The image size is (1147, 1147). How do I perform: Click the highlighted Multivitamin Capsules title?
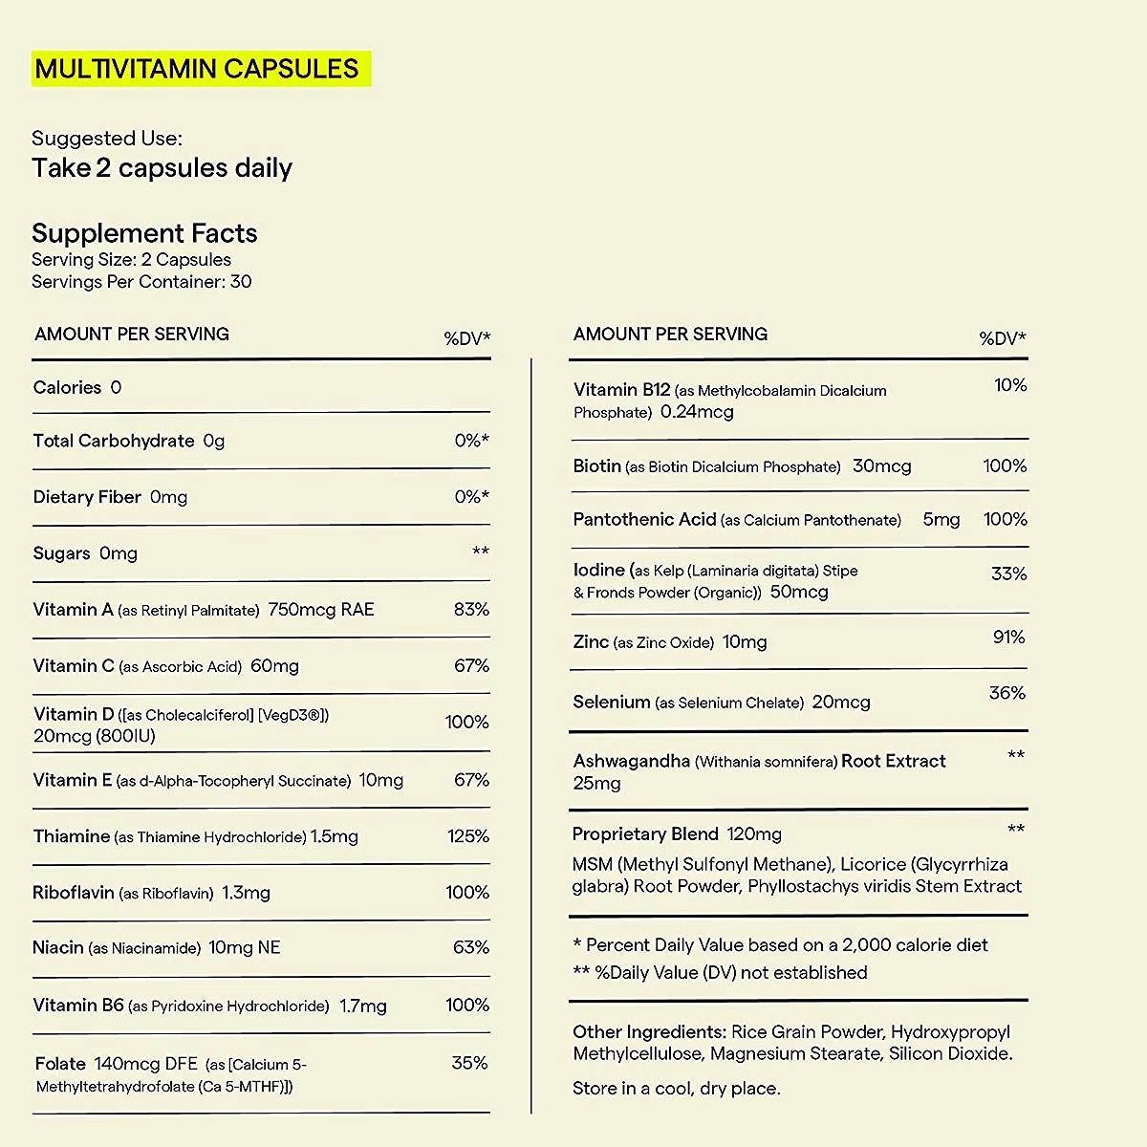pyautogui.click(x=197, y=69)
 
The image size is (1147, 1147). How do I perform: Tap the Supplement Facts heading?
pyautogui.click(x=144, y=233)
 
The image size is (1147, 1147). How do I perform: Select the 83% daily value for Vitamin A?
pyautogui.click(x=471, y=609)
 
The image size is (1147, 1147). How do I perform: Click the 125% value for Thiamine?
pyautogui.click(x=468, y=835)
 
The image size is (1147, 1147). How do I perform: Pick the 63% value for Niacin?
pyautogui.click(x=471, y=947)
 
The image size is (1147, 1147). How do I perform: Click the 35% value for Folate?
pyautogui.click(x=469, y=1062)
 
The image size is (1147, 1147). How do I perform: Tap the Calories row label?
pyautogui.click(x=67, y=387)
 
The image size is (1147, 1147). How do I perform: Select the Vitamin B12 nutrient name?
pyautogui.click(x=621, y=389)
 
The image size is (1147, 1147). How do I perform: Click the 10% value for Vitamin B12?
pyautogui.click(x=1010, y=385)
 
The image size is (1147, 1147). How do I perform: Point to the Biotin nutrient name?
pyautogui.click(x=597, y=465)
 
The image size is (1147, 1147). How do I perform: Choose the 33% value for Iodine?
pyautogui.click(x=1008, y=573)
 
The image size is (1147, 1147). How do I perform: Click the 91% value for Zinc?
pyautogui.click(x=1008, y=637)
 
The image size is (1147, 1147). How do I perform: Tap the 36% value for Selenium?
pyautogui.click(x=1006, y=693)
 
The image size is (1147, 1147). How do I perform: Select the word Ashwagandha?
pyautogui.click(x=631, y=761)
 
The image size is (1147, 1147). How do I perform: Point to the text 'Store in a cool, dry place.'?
pyautogui.click(x=676, y=1088)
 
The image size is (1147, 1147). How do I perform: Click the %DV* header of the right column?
pyautogui.click(x=1002, y=337)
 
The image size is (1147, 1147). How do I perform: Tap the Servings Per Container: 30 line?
pyautogui.click(x=141, y=281)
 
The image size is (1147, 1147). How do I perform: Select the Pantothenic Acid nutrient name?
pyautogui.click(x=644, y=519)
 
